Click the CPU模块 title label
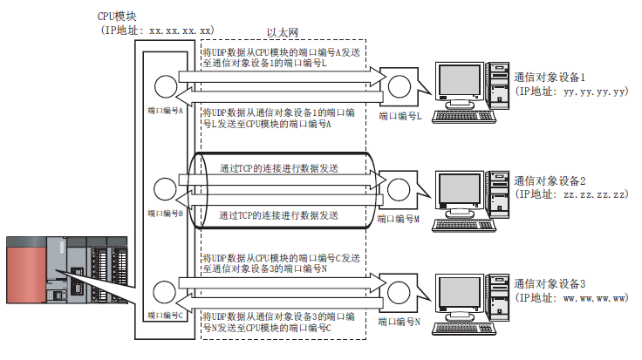pyautogui.click(x=120, y=16)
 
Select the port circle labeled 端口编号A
pyautogui.click(x=165, y=86)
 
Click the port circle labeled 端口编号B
pyautogui.click(x=165, y=188)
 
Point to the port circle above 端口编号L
pyautogui.click(x=400, y=86)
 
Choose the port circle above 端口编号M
pyautogui.click(x=400, y=189)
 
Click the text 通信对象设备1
pyautogui.click(x=556, y=76)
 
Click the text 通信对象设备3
pyautogui.click(x=556, y=284)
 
